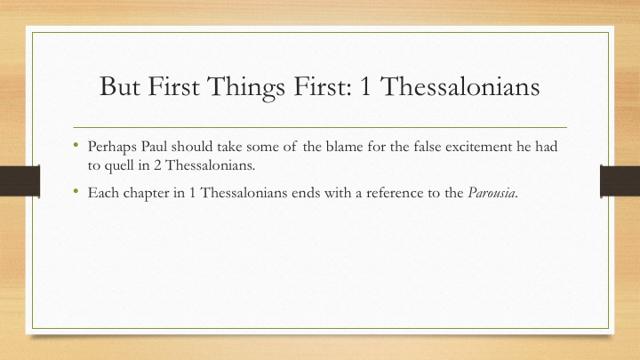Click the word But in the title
click(120, 86)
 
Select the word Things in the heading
click(245, 88)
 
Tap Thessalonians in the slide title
click(460, 86)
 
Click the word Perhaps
click(112, 148)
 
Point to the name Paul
click(155, 146)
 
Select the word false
click(428, 146)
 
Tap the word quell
click(120, 166)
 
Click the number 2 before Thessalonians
click(157, 165)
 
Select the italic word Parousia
click(492, 193)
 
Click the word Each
click(103, 193)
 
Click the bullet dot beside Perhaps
click(76, 144)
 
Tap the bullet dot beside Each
click(76, 190)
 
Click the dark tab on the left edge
click(20, 181)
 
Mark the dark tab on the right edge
click(620, 181)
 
